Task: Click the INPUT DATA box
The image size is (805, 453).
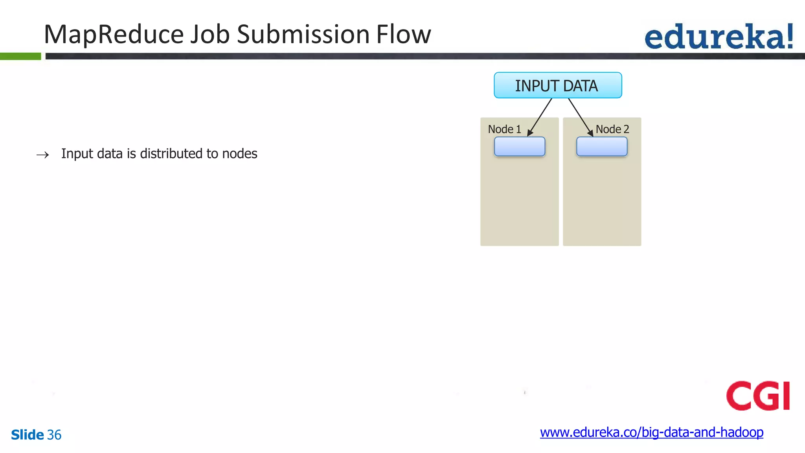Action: point(557,85)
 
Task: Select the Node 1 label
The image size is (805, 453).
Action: point(504,129)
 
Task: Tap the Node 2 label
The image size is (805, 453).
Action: point(612,129)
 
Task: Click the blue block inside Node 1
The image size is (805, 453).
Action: point(519,147)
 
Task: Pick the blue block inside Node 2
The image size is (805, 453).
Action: point(601,147)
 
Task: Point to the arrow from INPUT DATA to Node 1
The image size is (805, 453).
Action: point(540,117)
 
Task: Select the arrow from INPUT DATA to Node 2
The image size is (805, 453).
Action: point(581,117)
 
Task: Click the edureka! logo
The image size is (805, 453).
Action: point(719,37)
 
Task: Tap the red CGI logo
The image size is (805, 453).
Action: point(757,396)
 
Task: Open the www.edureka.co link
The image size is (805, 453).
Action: point(651,432)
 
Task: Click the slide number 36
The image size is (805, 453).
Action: point(54,435)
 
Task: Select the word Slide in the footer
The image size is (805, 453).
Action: point(27,435)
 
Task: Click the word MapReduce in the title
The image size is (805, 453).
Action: point(114,35)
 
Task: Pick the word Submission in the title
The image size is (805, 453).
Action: point(303,35)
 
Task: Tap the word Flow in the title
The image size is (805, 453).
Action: point(403,35)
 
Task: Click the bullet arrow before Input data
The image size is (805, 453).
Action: point(42,155)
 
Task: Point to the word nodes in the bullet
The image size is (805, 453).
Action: point(239,153)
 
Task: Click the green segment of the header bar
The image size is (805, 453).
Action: point(20,56)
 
